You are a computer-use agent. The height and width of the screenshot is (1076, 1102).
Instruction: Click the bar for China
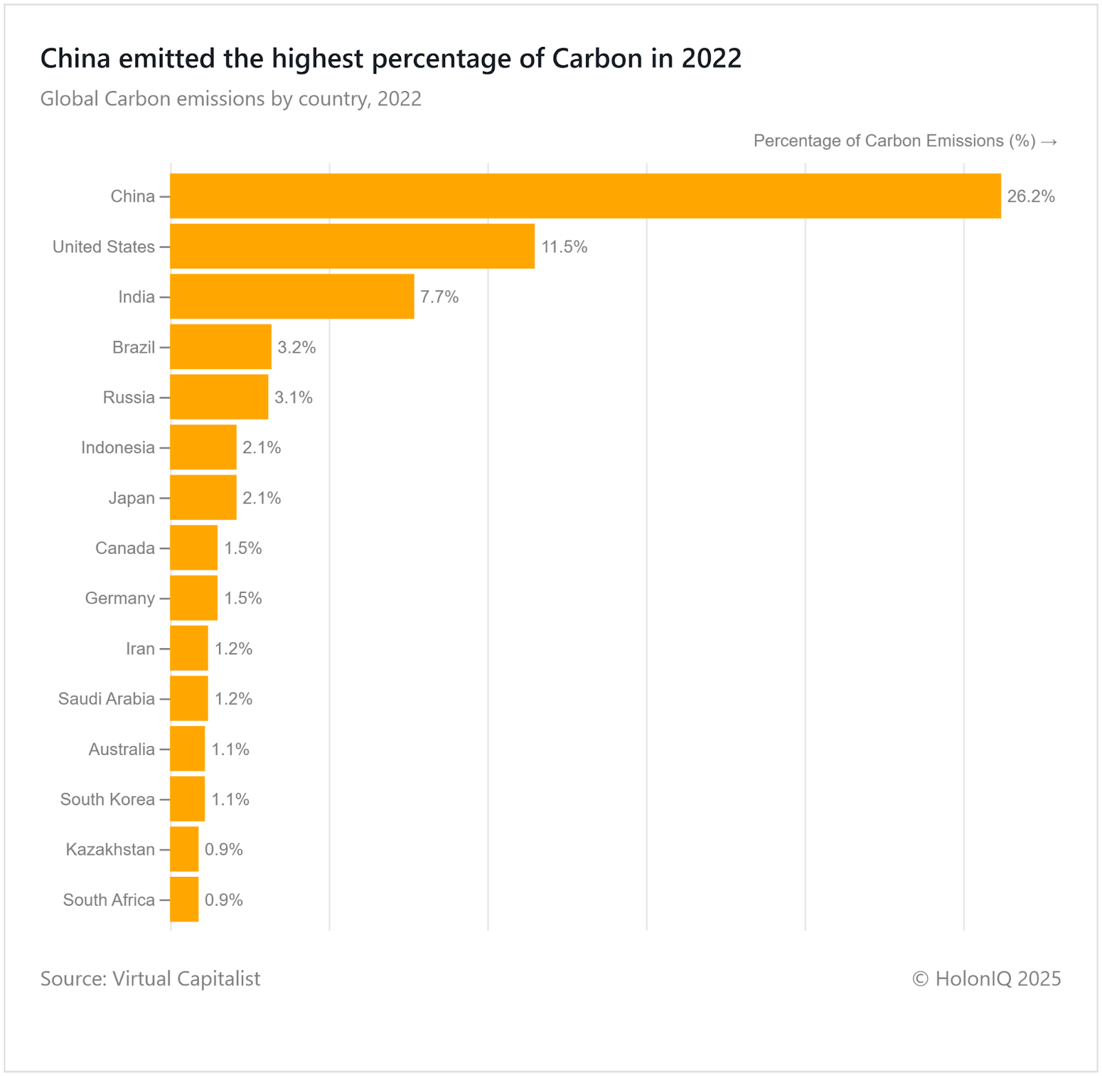click(x=585, y=196)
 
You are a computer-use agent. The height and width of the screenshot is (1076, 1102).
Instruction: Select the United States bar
click(x=352, y=247)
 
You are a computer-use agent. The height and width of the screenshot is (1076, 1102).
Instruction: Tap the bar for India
click(x=292, y=297)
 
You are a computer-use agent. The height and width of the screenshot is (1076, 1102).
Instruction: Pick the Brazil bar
click(x=220, y=347)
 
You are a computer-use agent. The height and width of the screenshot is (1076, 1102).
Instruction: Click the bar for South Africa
click(x=185, y=900)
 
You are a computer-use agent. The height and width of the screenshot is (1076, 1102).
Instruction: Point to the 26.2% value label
click(x=1030, y=196)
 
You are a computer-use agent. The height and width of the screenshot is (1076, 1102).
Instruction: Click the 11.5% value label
click(x=564, y=247)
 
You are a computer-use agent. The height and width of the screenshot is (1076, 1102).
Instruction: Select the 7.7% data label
click(x=439, y=297)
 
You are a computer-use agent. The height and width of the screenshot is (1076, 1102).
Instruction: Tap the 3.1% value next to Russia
click(x=293, y=397)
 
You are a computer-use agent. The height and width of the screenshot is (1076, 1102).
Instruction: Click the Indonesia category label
click(x=118, y=448)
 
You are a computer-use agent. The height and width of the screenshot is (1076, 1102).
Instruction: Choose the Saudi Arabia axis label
click(x=107, y=699)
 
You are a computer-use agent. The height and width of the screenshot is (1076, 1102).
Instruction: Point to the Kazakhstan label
click(x=110, y=849)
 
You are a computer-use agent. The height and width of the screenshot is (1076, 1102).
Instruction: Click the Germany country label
click(x=120, y=598)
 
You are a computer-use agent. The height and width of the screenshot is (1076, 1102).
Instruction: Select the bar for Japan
click(x=203, y=497)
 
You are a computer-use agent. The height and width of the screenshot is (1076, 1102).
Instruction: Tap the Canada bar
click(x=194, y=548)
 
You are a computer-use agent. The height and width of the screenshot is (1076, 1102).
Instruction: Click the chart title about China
click(x=391, y=59)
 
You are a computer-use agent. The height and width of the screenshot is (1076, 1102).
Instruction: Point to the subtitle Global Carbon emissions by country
click(x=231, y=99)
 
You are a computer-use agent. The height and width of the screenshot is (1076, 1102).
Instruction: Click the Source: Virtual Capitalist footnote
click(x=150, y=978)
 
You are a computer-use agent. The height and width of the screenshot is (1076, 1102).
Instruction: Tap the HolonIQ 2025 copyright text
click(x=986, y=978)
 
